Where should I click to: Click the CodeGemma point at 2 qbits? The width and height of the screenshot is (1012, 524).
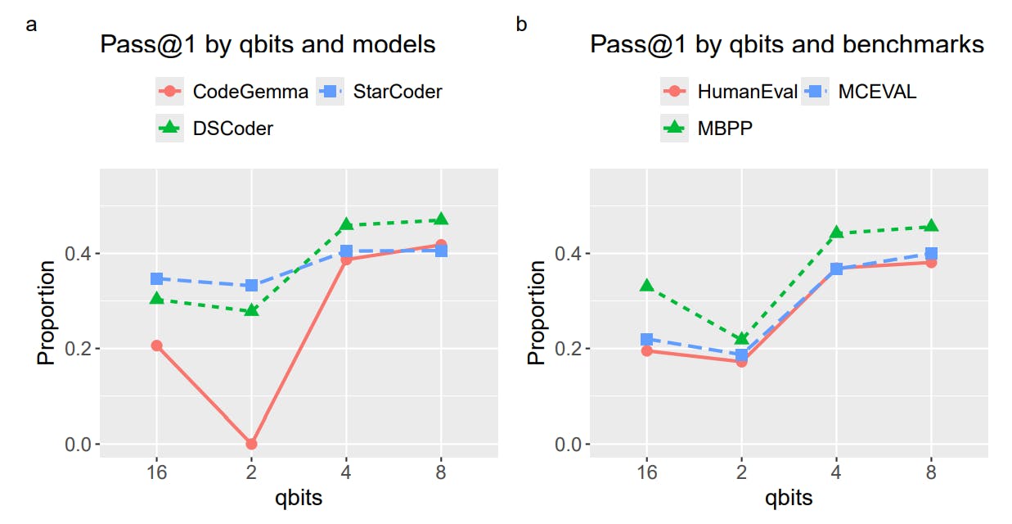coord(251,444)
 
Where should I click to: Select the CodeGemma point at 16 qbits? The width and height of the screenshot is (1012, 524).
coord(156,346)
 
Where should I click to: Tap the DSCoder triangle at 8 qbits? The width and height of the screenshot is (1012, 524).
coord(441,219)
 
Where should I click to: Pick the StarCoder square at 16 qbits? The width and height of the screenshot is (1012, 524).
coord(156,279)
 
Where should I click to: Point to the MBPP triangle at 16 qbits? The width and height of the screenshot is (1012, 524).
coord(646,286)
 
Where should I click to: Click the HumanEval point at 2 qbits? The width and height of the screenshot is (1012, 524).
coord(741,361)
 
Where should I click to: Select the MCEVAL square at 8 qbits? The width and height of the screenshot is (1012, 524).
coord(931,253)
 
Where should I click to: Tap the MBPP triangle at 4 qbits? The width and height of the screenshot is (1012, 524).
coord(836,233)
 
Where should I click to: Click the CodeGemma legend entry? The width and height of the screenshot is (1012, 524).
coord(232,92)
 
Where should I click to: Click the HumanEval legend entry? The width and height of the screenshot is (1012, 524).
coord(729,92)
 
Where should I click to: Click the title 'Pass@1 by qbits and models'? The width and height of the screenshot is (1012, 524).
coord(268,44)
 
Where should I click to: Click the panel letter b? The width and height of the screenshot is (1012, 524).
coord(521,25)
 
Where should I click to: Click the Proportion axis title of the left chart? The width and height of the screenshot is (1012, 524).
coord(47,312)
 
